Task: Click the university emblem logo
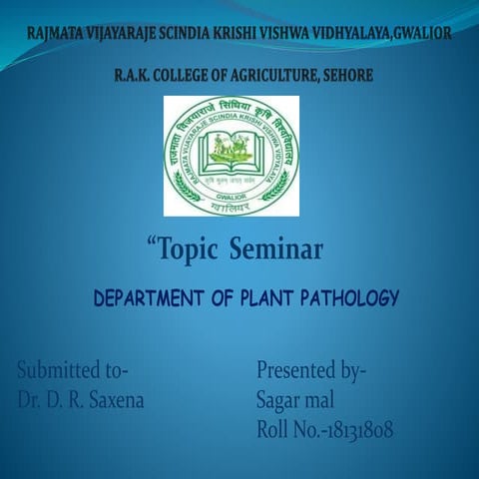[231, 156]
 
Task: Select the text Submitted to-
[72, 370]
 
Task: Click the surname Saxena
[110, 401]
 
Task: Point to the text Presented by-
[311, 370]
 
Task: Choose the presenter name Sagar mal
[294, 401]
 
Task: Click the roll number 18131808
[350, 431]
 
